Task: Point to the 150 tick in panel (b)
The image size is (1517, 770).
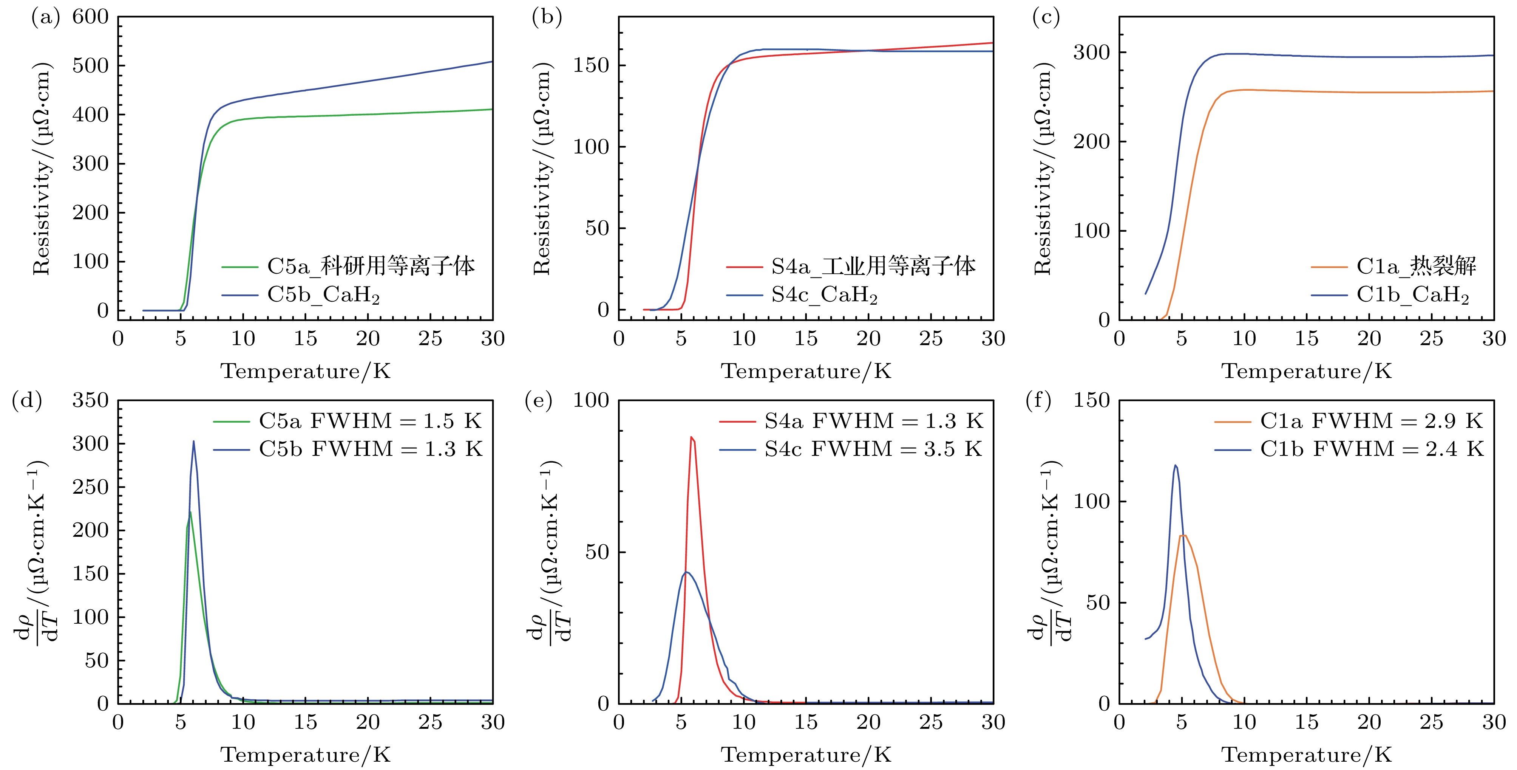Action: (x=591, y=65)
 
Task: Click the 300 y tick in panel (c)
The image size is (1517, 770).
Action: (x=1091, y=53)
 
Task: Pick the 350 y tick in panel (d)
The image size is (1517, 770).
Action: (x=90, y=401)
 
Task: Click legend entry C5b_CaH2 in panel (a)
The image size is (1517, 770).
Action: (x=323, y=294)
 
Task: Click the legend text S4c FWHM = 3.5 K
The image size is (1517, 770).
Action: (x=873, y=449)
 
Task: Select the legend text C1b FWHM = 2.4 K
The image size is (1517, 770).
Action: (x=1372, y=449)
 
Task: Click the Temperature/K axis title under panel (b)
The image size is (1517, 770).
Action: (x=806, y=372)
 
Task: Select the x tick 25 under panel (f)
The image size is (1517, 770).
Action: (x=1431, y=722)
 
